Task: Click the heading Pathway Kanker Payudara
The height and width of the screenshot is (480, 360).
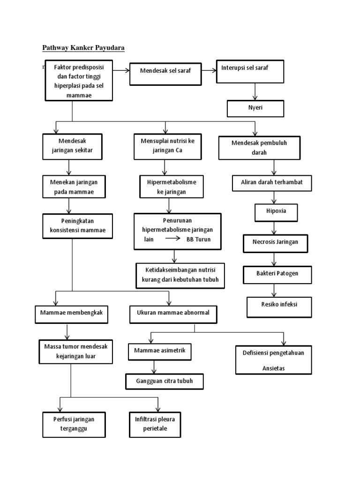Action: coord(83,47)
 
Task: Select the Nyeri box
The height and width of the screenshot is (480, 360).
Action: coord(255,108)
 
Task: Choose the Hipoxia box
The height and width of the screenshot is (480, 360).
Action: coord(277,211)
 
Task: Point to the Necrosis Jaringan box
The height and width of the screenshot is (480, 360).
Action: coord(277,243)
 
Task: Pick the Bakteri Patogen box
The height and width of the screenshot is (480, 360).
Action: coord(277,274)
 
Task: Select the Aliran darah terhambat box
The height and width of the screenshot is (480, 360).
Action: coord(272,183)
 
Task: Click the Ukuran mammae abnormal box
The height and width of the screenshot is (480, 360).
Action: coord(173,315)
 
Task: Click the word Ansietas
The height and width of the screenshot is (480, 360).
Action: coord(273,368)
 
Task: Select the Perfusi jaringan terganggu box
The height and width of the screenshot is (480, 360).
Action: coord(74,424)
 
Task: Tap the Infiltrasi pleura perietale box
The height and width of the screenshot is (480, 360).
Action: coord(155,424)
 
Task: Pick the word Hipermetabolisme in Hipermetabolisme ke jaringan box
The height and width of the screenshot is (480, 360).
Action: coord(172,181)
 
